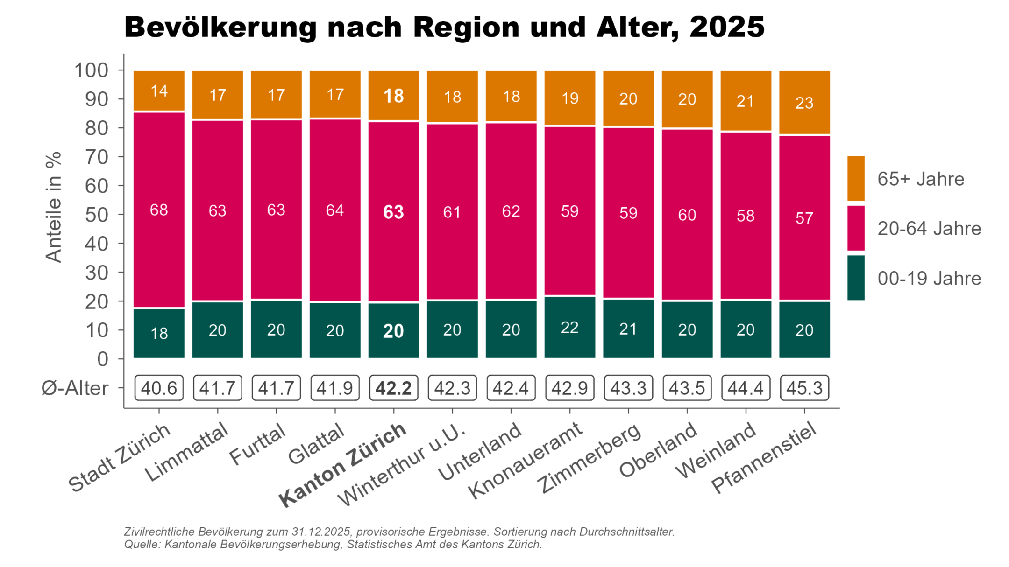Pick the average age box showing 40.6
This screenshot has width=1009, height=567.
click(159, 388)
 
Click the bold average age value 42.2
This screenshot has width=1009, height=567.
click(393, 388)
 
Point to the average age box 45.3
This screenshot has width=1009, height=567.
click(804, 388)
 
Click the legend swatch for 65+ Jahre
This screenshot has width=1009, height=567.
click(856, 179)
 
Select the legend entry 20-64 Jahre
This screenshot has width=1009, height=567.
click(929, 229)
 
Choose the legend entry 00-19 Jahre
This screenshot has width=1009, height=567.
click(929, 279)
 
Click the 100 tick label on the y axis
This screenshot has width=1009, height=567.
click(91, 70)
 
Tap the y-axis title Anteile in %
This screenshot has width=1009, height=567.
click(54, 207)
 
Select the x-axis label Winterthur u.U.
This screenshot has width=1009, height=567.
click(403, 464)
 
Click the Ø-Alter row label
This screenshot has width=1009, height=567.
click(75, 388)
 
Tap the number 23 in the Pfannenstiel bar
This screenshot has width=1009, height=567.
click(804, 103)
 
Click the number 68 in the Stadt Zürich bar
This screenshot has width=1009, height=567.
click(159, 210)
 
